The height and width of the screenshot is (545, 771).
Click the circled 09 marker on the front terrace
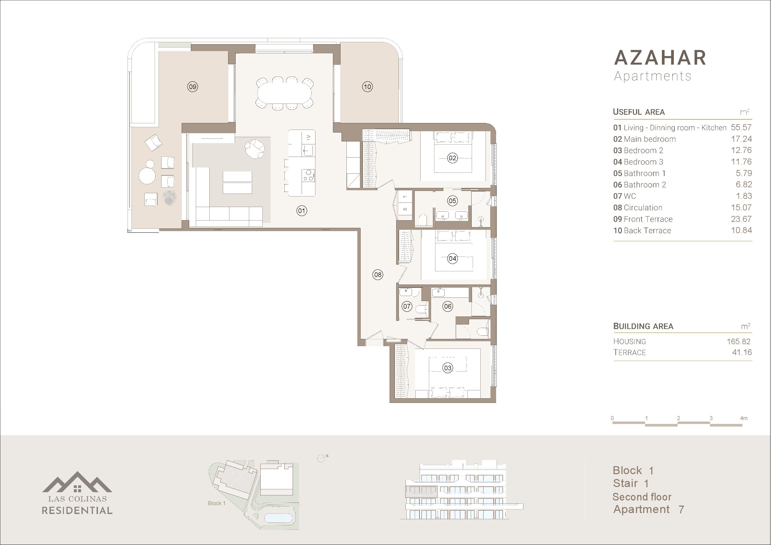point(193,87)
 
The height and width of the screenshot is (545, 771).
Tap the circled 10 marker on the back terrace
point(367,87)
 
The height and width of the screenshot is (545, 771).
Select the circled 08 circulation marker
point(378,275)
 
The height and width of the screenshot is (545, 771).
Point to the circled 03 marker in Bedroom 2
point(448,368)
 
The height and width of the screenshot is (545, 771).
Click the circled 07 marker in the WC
point(407,306)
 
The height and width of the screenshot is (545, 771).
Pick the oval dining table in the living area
point(285,93)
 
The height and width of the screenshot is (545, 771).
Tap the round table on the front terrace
point(147,176)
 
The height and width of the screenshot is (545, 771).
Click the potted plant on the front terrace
point(169,197)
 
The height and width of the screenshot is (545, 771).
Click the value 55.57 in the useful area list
point(741,127)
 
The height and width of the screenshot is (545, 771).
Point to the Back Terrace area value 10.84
point(741,230)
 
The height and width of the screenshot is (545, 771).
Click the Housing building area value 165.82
point(738,342)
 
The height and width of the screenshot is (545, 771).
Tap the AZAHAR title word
point(660,58)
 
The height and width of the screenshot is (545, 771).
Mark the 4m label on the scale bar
point(744,418)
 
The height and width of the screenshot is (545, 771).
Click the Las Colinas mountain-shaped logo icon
point(77,482)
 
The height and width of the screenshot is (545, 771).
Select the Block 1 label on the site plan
point(217,503)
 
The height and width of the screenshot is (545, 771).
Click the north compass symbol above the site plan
point(322,458)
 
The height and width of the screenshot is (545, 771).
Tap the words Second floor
point(642,497)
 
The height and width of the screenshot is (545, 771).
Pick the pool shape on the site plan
point(279,518)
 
